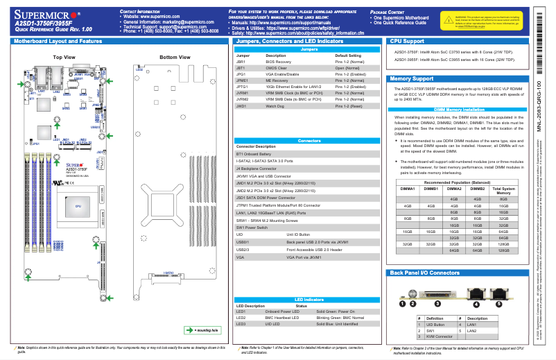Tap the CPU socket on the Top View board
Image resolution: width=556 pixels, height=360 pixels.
(78, 206)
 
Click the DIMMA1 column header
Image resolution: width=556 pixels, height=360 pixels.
(407, 188)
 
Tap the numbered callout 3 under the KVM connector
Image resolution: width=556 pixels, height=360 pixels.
(437, 304)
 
